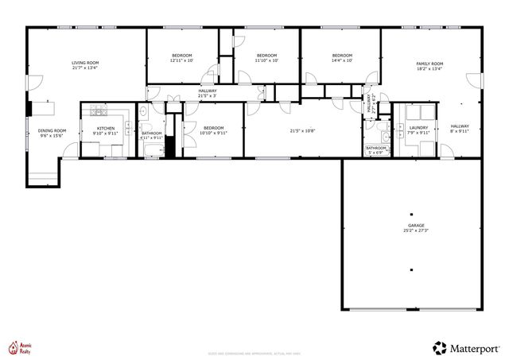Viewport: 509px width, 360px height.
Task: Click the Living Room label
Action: tap(85, 62)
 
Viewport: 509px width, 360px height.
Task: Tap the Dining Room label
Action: tap(52, 130)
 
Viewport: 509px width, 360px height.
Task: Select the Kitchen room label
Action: tap(106, 128)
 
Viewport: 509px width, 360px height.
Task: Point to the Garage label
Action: tap(412, 226)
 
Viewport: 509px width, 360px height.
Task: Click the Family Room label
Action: tap(429, 64)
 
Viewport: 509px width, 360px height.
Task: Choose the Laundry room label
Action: tap(418, 128)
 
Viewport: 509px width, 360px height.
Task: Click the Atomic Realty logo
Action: tap(24, 346)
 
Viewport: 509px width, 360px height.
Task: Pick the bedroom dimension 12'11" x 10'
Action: tap(182, 60)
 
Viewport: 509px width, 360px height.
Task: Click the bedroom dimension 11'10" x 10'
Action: tap(267, 60)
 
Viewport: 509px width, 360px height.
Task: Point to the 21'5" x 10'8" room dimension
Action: tap(304, 131)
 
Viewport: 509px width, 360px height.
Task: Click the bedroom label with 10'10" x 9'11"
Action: tap(213, 128)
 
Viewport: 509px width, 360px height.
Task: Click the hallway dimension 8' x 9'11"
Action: tap(460, 131)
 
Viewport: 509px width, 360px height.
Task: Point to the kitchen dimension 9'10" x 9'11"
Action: tap(106, 134)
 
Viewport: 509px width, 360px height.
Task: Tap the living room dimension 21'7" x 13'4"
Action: tap(85, 68)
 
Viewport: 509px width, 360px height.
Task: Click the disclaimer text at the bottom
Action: tap(254, 354)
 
